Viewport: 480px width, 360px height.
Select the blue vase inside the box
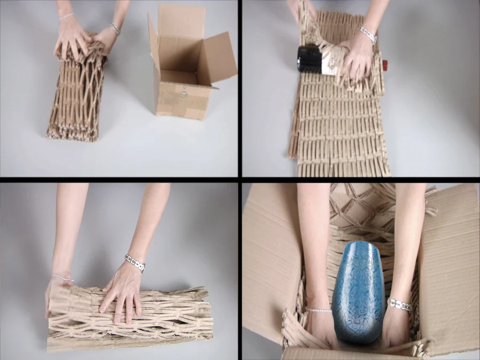[358, 291]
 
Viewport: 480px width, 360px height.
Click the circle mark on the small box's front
[184, 94]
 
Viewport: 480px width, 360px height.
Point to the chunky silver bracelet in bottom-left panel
[134, 262]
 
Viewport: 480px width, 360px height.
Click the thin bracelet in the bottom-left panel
[63, 277]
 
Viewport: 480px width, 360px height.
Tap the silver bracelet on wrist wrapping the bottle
[368, 35]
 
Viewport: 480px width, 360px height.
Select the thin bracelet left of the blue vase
[318, 310]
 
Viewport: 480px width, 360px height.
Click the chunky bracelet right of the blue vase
[398, 305]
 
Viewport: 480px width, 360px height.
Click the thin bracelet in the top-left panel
[67, 17]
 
